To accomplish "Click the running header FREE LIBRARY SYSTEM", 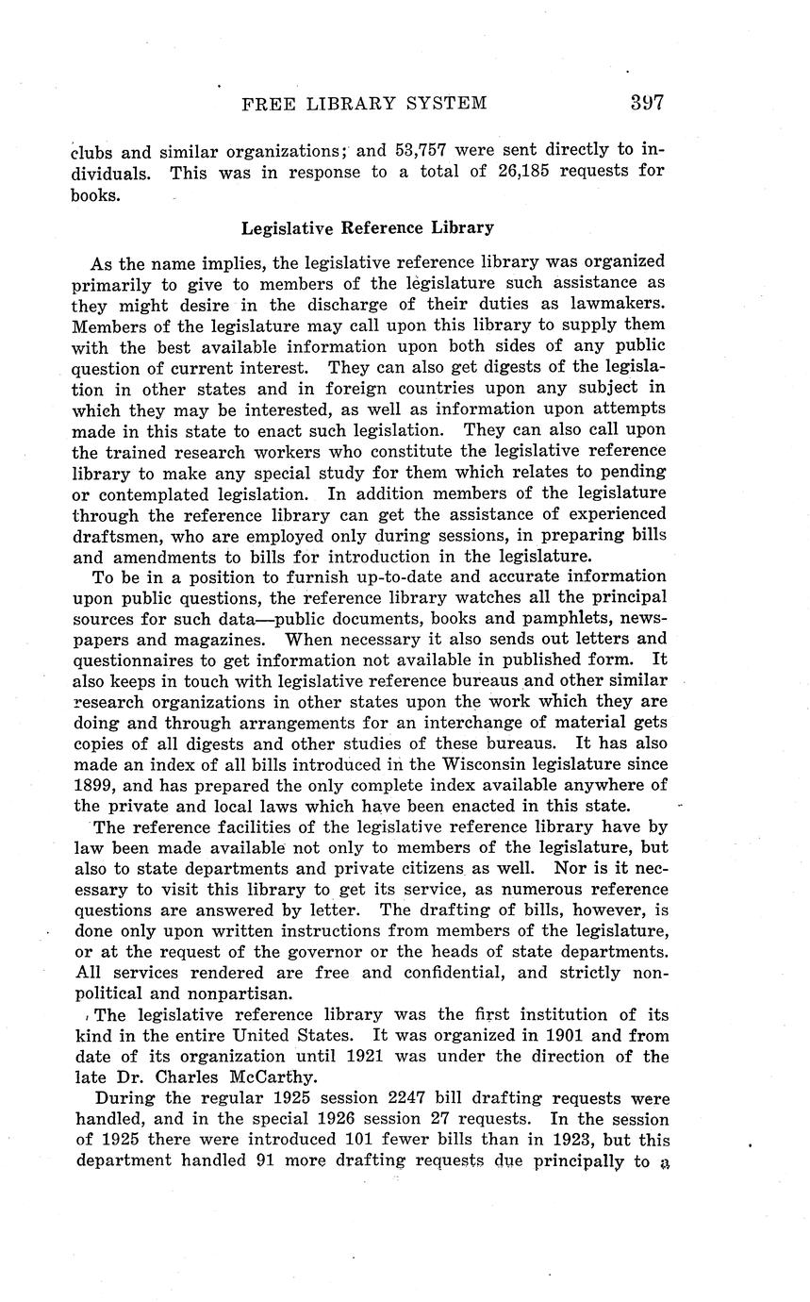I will tap(365, 104).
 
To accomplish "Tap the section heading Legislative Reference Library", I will tap(368, 227).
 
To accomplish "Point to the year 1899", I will tap(93, 785).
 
